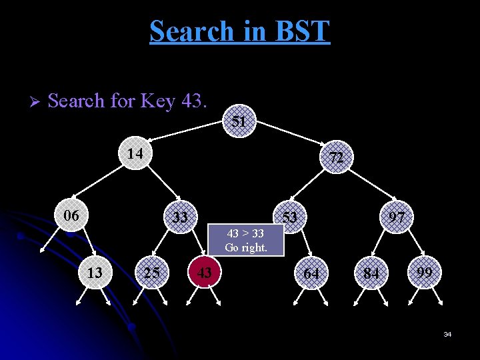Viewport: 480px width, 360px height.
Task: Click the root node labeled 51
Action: (239, 122)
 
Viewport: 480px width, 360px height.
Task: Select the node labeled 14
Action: (135, 153)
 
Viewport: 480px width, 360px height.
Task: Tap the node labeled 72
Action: (337, 157)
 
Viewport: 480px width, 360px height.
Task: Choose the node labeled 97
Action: (397, 217)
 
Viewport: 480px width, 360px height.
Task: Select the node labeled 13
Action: (95, 272)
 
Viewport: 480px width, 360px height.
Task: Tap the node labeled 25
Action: (151, 272)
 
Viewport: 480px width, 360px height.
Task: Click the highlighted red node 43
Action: (205, 272)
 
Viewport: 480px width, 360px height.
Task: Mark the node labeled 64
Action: (311, 273)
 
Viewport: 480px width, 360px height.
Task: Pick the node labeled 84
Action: (371, 273)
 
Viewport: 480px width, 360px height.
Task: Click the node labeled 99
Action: (425, 272)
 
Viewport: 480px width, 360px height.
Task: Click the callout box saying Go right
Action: (246, 241)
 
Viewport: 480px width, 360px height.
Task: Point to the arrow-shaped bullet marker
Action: (36, 102)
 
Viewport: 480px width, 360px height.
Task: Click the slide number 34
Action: (447, 334)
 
